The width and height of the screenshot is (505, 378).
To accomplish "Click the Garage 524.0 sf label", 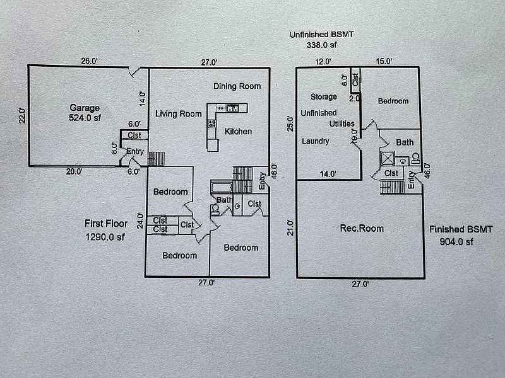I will [85, 112].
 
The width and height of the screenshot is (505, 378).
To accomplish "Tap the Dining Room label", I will [237, 86].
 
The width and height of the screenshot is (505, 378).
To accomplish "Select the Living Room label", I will [179, 113].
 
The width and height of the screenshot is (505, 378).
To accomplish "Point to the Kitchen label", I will [238, 132].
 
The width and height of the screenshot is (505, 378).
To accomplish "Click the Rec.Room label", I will [362, 228].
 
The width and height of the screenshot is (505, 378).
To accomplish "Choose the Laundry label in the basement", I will [315, 141].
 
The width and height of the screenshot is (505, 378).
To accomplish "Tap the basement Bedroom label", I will [393, 101].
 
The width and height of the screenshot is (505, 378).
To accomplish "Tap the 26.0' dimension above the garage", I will [90, 62].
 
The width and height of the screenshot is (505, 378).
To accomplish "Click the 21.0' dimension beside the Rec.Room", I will [290, 227].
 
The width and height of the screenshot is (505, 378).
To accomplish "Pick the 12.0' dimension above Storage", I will [323, 62].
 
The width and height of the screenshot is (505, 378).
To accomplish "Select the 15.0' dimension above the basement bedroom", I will [384, 62].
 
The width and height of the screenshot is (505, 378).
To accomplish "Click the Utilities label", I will [341, 123].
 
